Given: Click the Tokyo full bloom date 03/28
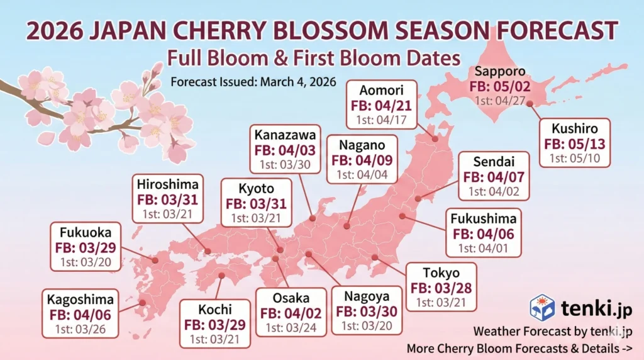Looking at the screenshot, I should point(440,288).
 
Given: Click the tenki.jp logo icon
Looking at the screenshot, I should point(541,307).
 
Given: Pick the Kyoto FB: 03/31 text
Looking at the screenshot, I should point(256,203).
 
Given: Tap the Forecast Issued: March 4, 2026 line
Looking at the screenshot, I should point(254,82).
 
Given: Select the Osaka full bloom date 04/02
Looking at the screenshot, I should point(291,313).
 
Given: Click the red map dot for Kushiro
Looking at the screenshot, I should point(530,104).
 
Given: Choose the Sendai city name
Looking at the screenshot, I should point(494,161).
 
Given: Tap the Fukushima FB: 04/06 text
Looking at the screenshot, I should point(484,233).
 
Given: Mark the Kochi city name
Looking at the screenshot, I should point(214,310).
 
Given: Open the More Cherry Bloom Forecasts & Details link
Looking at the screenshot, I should point(519,347).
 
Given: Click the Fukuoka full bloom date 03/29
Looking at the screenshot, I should point(85,247).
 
